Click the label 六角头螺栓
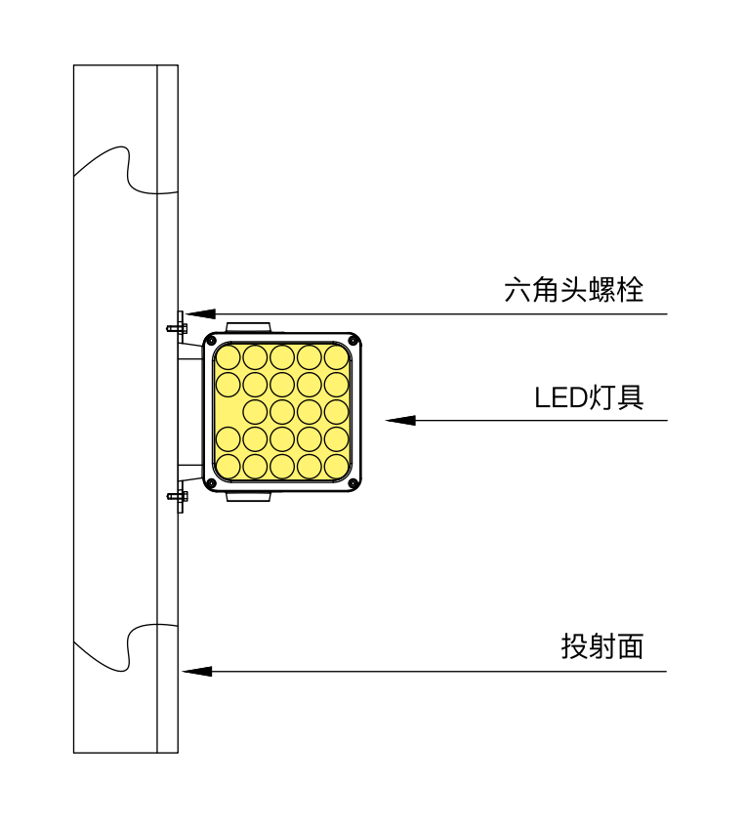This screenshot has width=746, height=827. [574, 290]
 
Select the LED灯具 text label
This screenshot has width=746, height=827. [589, 397]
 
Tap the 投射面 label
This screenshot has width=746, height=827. [602, 646]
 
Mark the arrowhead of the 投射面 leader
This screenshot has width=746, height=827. [196, 672]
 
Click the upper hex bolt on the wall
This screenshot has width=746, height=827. [178, 326]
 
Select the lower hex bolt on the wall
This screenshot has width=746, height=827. [178, 496]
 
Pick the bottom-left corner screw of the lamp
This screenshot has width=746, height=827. [212, 483]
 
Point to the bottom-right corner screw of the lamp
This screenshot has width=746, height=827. [352, 483]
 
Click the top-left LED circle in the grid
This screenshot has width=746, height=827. [228, 358]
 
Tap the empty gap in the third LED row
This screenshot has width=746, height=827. [227, 411]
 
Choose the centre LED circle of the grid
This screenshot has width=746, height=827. [282, 411]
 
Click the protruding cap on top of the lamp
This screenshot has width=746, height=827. [247, 327]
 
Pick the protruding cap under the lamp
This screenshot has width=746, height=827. [247, 497]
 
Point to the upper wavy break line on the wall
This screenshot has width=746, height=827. [125, 171]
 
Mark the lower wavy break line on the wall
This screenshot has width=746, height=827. [125, 644]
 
